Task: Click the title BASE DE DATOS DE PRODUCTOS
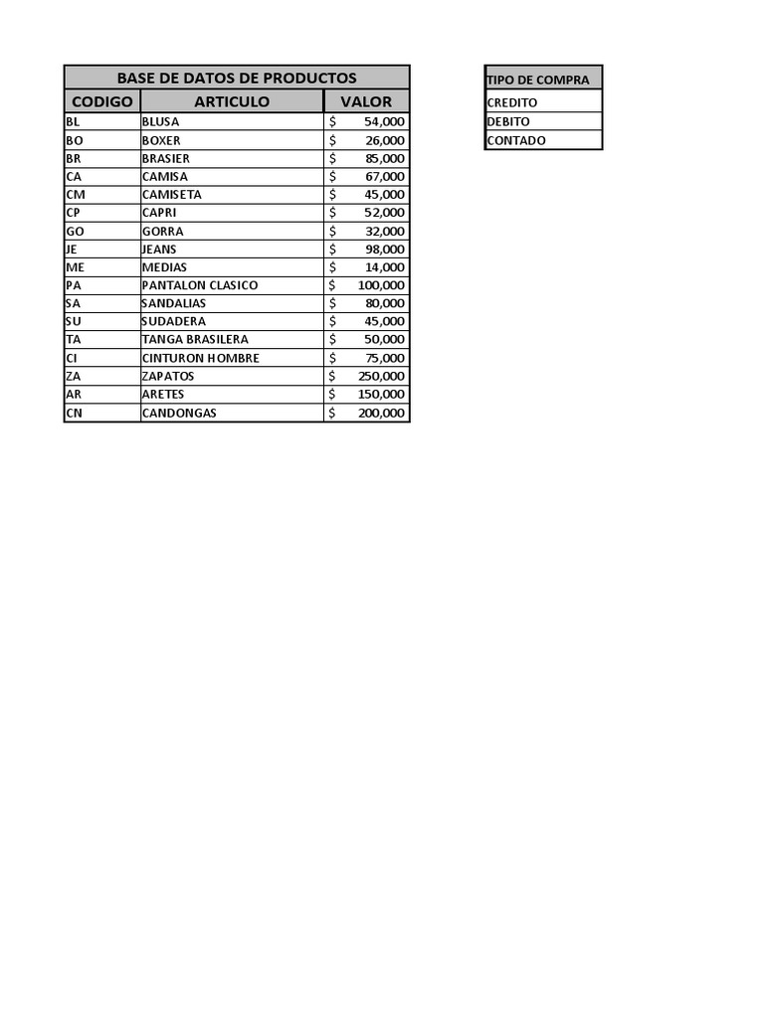point(237,78)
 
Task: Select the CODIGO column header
point(102,101)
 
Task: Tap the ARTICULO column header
point(232,101)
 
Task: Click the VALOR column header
point(366,101)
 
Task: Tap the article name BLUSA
point(161,121)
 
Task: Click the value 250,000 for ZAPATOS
point(381,376)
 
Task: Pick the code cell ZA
point(74,376)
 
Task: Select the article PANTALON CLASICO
point(200,285)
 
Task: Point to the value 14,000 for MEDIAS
point(385,267)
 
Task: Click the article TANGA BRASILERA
point(195,339)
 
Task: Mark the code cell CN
point(74,413)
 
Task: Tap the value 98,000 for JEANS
point(385,250)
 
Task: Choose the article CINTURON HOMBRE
point(201,358)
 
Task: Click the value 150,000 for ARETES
point(381,394)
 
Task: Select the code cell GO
point(75,231)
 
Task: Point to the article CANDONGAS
point(179,413)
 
